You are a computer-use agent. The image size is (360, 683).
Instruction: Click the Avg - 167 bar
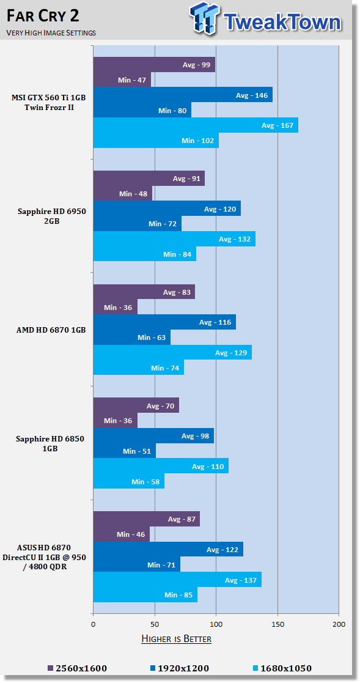(196, 125)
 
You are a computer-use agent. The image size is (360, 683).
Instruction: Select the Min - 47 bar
(122, 79)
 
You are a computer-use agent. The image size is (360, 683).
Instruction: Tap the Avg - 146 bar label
(252, 95)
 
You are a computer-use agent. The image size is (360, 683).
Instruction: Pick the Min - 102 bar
(156, 140)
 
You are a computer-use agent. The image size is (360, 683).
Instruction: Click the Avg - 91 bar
(149, 178)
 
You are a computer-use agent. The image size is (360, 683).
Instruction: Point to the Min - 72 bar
(138, 223)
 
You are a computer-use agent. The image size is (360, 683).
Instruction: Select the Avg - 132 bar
(175, 238)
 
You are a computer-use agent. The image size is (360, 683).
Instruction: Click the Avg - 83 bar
(144, 292)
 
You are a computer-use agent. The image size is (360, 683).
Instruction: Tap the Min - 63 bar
(132, 337)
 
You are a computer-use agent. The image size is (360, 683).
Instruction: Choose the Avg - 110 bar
(161, 466)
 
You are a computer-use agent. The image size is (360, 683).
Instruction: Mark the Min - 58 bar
(129, 481)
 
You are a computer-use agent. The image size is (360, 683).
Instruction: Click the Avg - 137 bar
(178, 580)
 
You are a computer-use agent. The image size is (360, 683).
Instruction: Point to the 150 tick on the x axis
(277, 624)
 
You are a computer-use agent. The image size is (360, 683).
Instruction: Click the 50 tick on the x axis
(155, 624)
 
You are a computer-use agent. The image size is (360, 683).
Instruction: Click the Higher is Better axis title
(176, 639)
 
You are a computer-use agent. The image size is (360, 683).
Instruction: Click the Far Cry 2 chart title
(43, 17)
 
